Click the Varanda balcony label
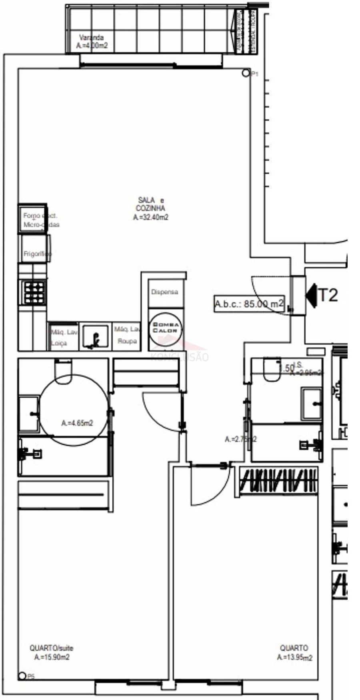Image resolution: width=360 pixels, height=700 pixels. point(92,42)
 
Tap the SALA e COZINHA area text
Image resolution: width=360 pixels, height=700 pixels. point(150,208)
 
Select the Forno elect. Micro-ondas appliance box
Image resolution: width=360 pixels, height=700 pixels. point(33,219)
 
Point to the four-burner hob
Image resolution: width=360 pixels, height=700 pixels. point(34,293)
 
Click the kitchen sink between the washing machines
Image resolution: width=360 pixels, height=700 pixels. point(95,336)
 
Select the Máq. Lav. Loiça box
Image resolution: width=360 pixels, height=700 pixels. point(63,337)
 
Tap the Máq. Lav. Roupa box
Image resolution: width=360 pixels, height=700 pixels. point(126,336)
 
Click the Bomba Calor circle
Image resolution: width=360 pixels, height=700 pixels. point(165,328)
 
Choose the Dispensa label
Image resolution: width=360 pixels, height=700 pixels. point(164,292)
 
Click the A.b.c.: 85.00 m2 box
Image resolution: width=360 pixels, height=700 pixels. point(249,304)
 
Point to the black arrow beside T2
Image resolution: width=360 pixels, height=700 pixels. point(311,295)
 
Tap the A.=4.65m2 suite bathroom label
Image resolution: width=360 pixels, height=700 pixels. point(77,423)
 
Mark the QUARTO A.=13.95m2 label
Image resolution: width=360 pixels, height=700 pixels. point(294,652)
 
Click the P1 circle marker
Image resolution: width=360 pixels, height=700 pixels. point(246,73)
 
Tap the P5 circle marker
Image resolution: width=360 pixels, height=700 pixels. point(22,676)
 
